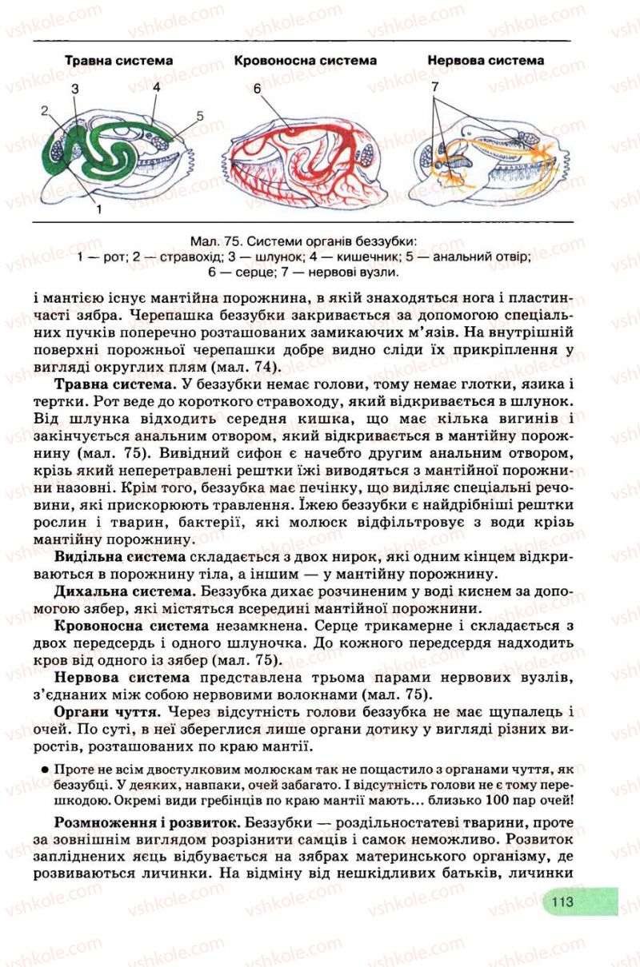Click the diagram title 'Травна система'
tap(118, 61)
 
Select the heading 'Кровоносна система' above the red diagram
tap(305, 61)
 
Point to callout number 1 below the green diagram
tap(98, 209)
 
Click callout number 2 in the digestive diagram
tap(46, 110)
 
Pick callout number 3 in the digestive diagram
tap(74, 89)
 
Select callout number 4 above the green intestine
tap(156, 86)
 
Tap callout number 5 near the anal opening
tap(199, 116)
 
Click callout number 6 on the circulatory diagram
tap(258, 89)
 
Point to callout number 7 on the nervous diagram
tap(435, 86)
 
